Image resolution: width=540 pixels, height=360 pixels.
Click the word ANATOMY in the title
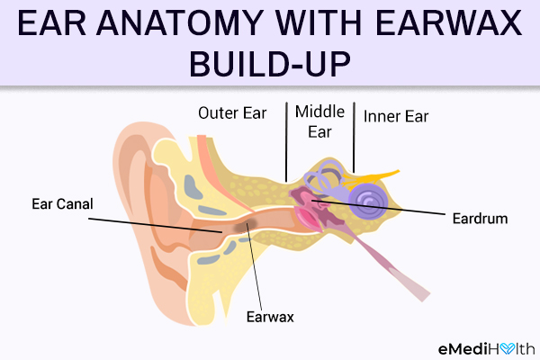[181, 23]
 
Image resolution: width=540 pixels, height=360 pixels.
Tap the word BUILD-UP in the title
[270, 64]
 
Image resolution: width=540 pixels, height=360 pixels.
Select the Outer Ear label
[232, 113]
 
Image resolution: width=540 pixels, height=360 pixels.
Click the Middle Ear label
[319, 121]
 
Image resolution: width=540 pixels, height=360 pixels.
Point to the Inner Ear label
[396, 116]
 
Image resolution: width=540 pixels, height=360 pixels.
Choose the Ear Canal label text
[62, 204]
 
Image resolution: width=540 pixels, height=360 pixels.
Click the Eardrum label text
[480, 219]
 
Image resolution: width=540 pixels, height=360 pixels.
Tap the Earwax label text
[270, 317]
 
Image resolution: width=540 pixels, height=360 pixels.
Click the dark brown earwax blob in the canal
[245, 225]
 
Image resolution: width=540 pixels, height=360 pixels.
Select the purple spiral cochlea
[368, 201]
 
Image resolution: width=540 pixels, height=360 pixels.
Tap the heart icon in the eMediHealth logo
[508, 348]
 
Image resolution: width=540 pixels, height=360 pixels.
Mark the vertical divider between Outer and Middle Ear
[286, 142]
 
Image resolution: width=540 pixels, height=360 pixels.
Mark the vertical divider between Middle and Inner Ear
[354, 137]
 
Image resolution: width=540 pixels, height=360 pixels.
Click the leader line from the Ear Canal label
[156, 225]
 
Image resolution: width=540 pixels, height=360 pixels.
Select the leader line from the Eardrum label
[379, 207]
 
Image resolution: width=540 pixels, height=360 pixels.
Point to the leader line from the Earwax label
[254, 266]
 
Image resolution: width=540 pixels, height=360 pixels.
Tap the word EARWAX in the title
[448, 23]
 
